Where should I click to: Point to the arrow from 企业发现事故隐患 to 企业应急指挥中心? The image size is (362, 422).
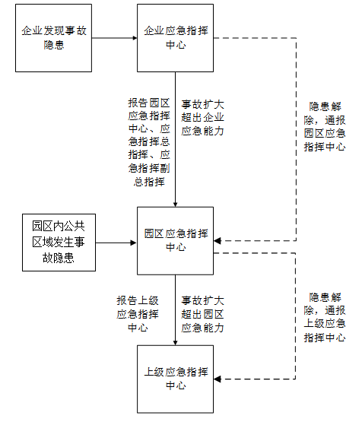[x=114, y=38]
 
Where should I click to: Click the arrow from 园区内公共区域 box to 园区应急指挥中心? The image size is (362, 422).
[x=116, y=243]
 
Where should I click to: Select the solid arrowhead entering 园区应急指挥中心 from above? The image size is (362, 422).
[x=175, y=205]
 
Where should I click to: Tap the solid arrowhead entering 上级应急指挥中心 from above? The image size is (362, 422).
[x=175, y=343]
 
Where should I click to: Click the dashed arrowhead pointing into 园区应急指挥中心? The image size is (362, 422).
[x=218, y=241]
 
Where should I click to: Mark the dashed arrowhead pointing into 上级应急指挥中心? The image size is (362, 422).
[x=218, y=379]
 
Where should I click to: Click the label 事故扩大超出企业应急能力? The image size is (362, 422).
[x=202, y=118]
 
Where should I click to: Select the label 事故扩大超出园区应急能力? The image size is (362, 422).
[x=202, y=314]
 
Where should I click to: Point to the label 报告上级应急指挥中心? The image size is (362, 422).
[x=138, y=314]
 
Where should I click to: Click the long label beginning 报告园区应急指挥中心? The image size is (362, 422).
[x=149, y=142]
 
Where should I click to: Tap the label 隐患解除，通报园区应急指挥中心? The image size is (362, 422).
[x=325, y=126]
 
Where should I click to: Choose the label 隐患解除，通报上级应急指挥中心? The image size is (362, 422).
[x=325, y=317]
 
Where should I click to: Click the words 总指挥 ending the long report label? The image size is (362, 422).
[x=149, y=182]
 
